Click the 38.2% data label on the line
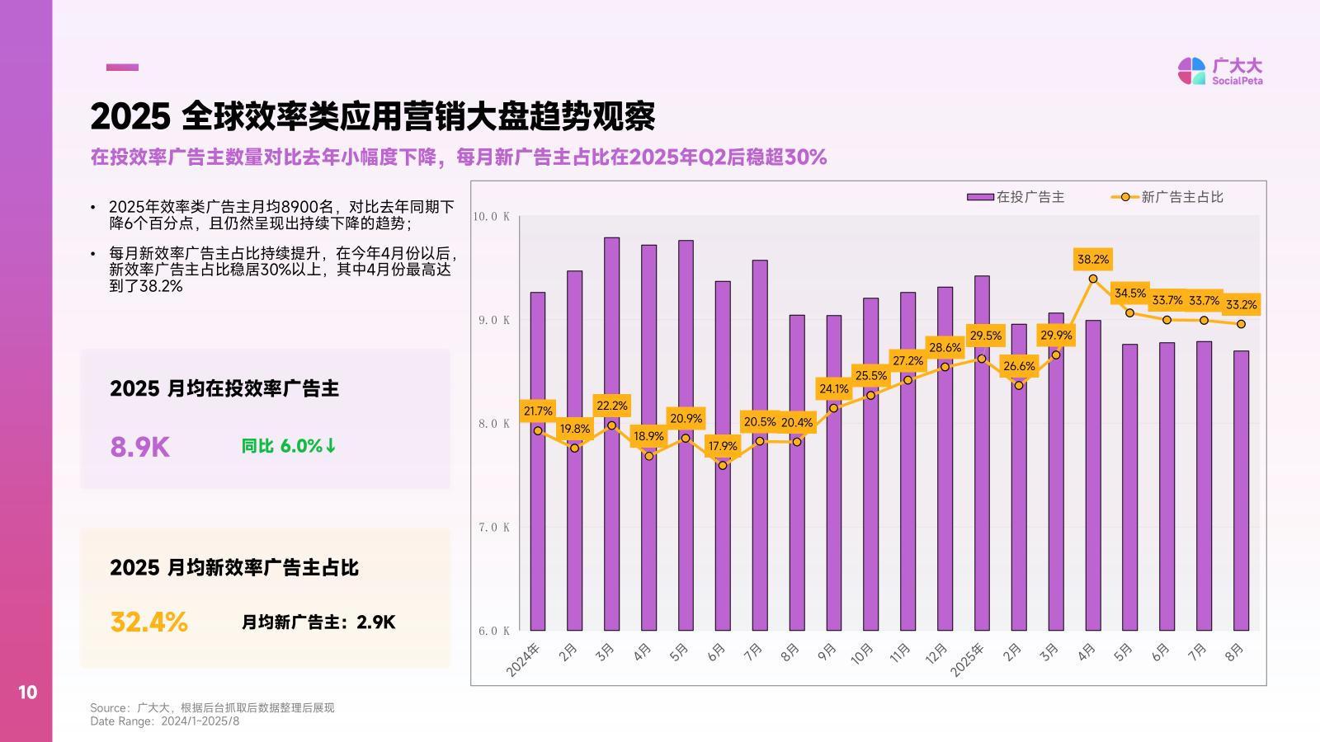[1093, 260]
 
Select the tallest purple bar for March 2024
[611, 434]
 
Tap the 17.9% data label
[723, 446]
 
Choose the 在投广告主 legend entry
[1016, 197]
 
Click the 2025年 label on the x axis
[968, 660]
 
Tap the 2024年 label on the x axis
[524, 660]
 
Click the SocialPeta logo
[1220, 71]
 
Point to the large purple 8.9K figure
[140, 447]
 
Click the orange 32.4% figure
[149, 622]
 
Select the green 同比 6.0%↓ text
[289, 446]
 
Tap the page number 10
[28, 693]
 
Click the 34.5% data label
[1130, 293]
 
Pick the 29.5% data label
[985, 336]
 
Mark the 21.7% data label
[538, 411]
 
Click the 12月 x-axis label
[937, 654]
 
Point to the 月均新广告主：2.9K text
[318, 622]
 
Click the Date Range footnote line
[165, 721]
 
